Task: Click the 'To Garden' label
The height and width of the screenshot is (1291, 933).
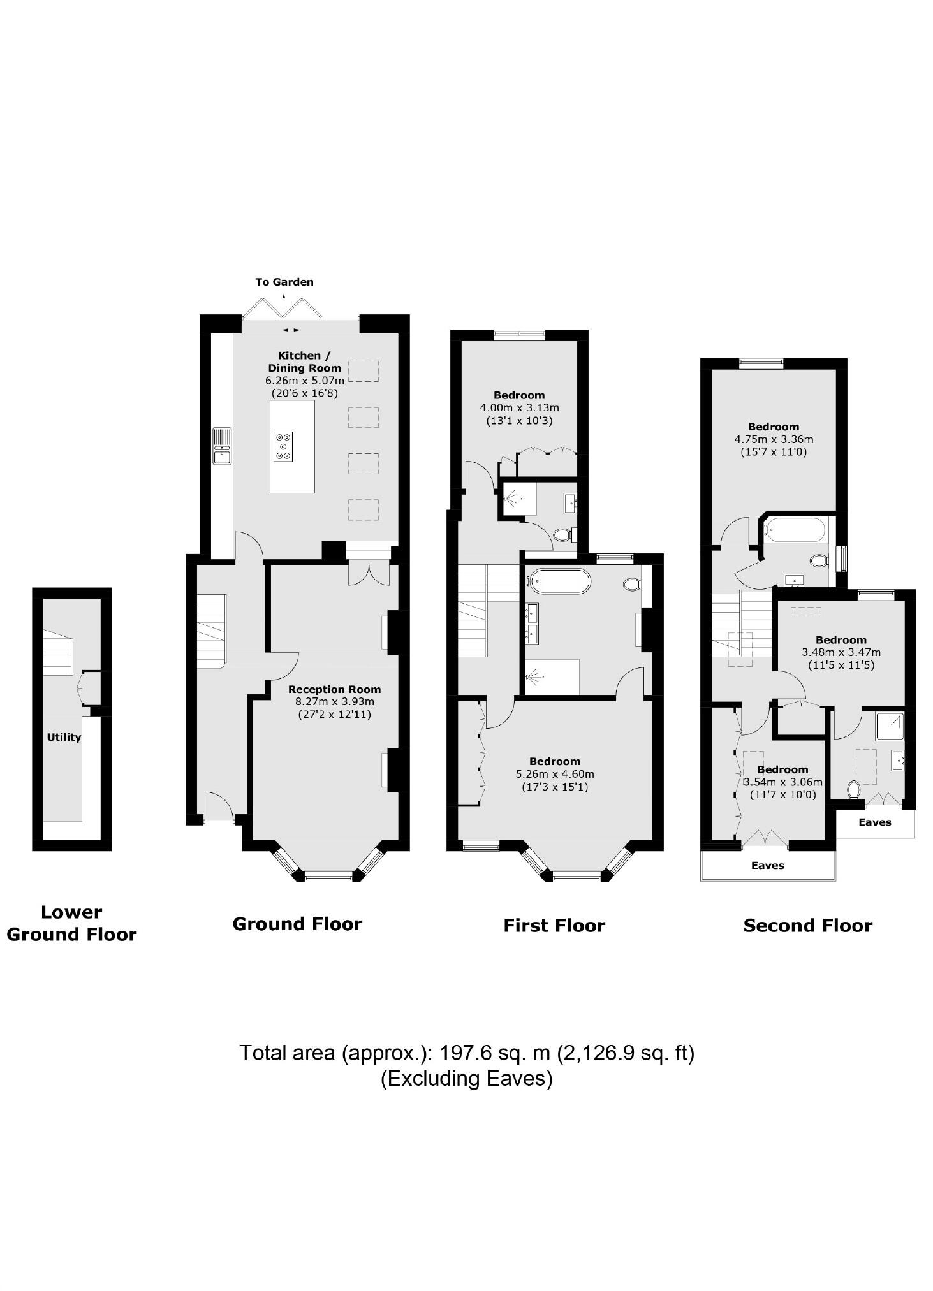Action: click(x=284, y=282)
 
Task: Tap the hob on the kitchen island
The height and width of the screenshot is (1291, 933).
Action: click(x=283, y=446)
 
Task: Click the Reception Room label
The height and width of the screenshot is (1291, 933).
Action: click(x=334, y=689)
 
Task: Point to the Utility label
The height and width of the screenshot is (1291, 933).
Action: click(x=64, y=737)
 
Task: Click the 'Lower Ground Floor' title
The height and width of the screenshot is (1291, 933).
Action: click(x=71, y=923)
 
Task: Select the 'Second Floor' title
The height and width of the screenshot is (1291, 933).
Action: click(x=807, y=925)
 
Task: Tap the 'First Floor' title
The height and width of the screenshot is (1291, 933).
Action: click(x=554, y=925)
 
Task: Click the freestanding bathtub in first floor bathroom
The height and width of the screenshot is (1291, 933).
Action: click(x=561, y=581)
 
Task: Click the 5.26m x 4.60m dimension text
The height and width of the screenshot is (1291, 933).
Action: click(x=554, y=774)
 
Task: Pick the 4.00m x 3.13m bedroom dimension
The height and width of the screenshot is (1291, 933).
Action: click(x=519, y=407)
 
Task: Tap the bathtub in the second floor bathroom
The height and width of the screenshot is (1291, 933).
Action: click(x=795, y=529)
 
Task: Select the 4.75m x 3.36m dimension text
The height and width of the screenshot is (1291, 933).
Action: click(x=774, y=439)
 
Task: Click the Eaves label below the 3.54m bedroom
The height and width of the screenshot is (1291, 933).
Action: click(x=767, y=865)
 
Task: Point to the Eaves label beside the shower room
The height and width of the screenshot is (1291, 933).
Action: click(x=874, y=822)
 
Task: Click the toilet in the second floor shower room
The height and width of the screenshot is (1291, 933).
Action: click(x=854, y=789)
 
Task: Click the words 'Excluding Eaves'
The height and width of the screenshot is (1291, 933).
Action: click(x=466, y=1078)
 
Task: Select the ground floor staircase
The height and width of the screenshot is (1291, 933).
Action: click(x=211, y=630)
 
